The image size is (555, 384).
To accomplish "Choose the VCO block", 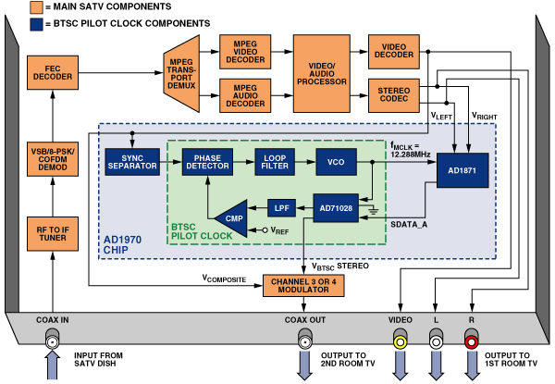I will point(336,161).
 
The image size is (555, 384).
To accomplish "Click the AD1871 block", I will point(463,169).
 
